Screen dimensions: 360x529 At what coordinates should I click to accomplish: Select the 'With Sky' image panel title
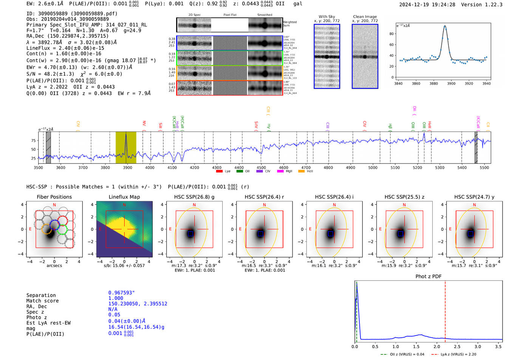click(x=327, y=17)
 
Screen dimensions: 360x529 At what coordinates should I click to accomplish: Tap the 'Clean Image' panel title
click(x=365, y=17)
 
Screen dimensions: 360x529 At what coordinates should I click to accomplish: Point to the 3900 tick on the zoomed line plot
click(x=451, y=83)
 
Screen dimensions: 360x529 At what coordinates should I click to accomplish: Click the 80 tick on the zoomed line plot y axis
click(x=391, y=34)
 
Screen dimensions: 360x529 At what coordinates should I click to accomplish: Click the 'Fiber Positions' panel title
click(x=54, y=197)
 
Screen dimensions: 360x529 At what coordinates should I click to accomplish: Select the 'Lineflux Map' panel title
click(x=124, y=197)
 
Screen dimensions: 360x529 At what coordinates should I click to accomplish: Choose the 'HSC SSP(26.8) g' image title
click(x=194, y=197)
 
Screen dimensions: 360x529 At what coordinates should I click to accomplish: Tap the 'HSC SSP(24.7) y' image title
click(x=474, y=197)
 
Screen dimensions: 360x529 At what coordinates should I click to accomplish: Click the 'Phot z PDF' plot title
click(x=428, y=276)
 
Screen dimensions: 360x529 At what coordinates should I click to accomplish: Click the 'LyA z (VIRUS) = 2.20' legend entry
click(x=458, y=354)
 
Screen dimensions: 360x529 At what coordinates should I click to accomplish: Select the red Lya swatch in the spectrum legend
click(x=219, y=172)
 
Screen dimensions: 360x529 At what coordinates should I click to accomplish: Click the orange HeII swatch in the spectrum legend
click(x=301, y=172)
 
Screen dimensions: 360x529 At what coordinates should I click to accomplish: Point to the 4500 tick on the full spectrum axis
click(x=261, y=167)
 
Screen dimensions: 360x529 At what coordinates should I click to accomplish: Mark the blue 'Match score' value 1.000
click(x=116, y=298)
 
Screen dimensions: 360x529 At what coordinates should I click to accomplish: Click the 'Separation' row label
click(x=41, y=295)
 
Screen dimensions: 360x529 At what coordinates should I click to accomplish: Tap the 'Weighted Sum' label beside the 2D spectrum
click(x=289, y=24)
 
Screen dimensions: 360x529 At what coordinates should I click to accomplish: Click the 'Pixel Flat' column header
click(x=230, y=15)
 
